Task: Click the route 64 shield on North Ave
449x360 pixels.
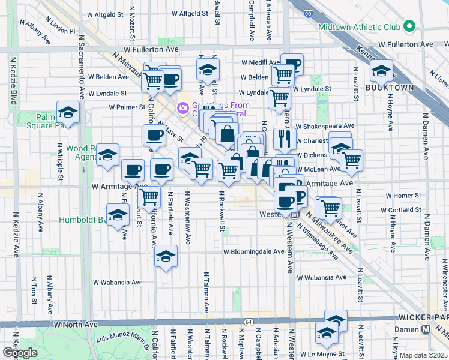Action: click(x=248, y=323)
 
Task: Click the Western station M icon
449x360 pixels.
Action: click(x=295, y=214)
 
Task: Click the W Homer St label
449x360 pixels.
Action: click(x=403, y=196)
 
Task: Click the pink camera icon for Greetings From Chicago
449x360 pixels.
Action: click(x=182, y=109)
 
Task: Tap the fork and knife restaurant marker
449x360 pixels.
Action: click(x=285, y=139)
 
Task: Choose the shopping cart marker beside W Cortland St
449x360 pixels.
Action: click(x=330, y=208)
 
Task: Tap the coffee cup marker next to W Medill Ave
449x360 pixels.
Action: click(x=292, y=64)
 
